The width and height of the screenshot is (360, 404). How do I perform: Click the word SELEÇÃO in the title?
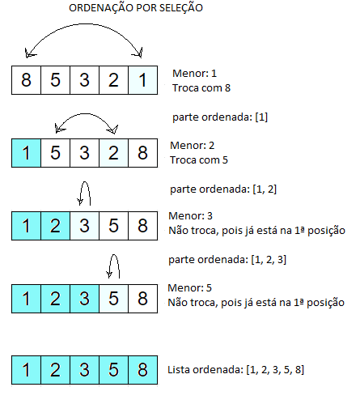coord(180,8)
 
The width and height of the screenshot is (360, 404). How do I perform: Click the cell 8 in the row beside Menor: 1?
coord(26,80)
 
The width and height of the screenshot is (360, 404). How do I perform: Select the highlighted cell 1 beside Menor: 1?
coord(143,80)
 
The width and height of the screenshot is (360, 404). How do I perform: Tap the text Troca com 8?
coord(201,88)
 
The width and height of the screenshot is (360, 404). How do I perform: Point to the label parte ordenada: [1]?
coord(220,117)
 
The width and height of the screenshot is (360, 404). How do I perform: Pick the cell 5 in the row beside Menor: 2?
coord(55,153)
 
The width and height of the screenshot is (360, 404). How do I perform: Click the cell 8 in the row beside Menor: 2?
coord(143,153)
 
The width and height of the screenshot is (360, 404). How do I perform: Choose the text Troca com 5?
coord(199,160)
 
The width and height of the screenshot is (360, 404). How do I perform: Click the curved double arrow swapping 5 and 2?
coord(86,114)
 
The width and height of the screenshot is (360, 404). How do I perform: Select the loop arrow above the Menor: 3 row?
coord(85,182)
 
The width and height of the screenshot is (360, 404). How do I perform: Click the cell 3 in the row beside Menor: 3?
coord(84,226)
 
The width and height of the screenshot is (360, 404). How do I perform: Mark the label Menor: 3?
coord(190,216)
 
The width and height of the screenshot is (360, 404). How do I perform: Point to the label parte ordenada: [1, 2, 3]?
coord(227,260)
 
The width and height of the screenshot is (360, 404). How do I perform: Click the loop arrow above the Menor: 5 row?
coord(114,255)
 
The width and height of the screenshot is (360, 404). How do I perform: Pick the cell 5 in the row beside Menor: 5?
coord(113,299)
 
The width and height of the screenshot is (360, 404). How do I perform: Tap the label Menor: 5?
coord(189,288)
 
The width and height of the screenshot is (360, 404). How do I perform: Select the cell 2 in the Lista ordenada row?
coord(55,370)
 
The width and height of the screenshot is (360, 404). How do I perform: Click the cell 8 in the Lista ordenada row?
coord(143,370)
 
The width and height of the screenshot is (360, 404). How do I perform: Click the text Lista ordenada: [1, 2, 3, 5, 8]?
coord(236,370)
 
